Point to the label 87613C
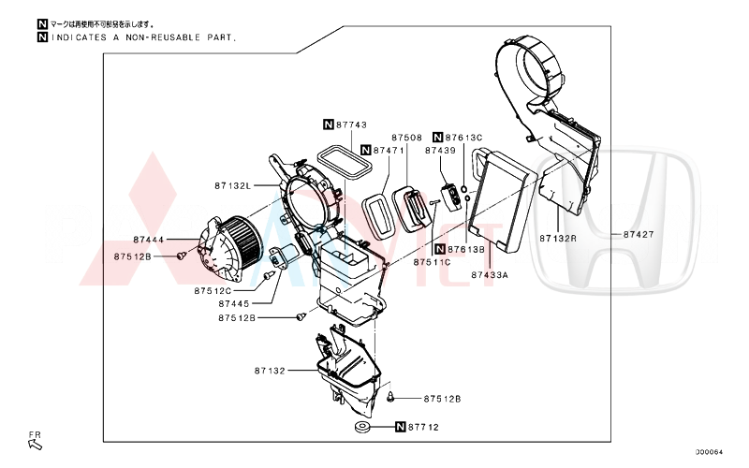464,137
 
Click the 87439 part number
440,150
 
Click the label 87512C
213,290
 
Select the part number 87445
235,303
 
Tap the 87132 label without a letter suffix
269,372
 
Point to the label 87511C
433,262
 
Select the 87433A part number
490,275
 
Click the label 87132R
558,239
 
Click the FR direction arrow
36,443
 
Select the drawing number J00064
709,451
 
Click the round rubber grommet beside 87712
361,429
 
